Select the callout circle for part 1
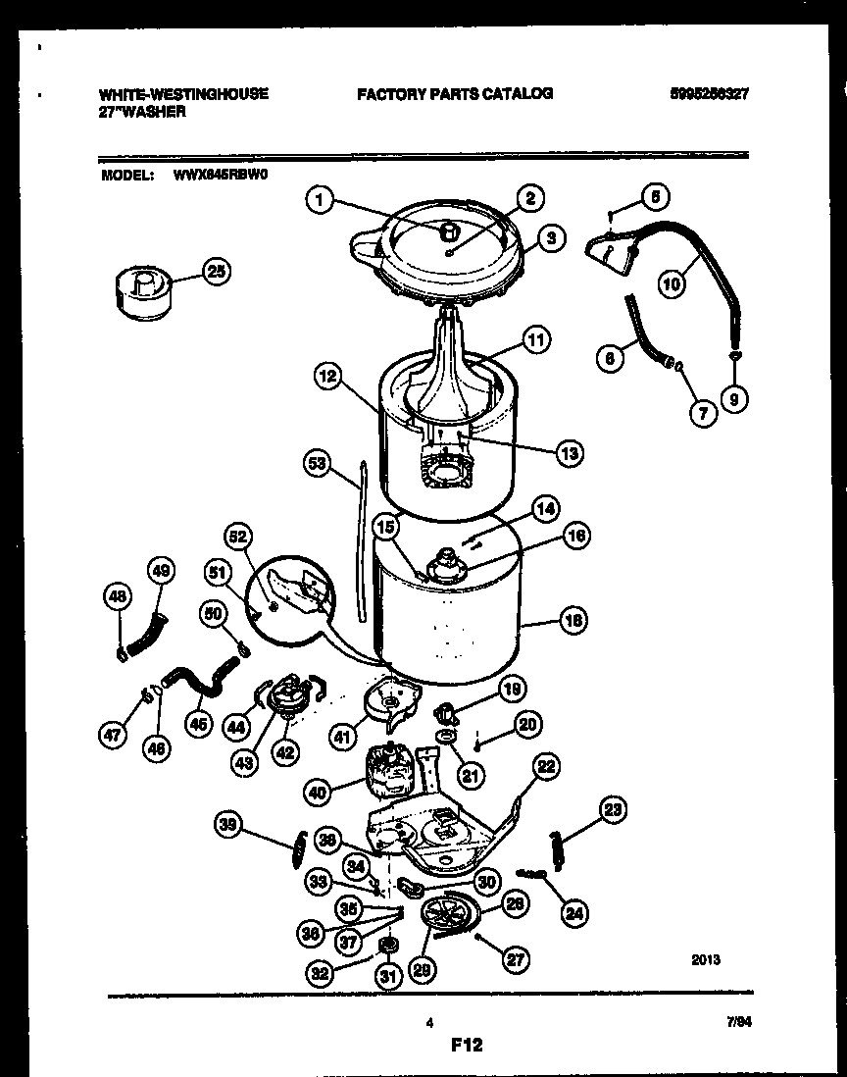(316, 201)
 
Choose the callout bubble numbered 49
(162, 570)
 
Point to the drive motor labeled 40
(392, 770)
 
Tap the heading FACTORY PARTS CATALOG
(455, 94)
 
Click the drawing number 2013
(704, 960)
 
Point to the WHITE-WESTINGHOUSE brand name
(183, 94)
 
